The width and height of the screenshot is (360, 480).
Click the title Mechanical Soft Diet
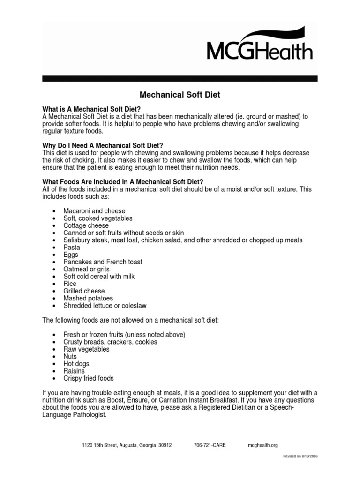point(181,95)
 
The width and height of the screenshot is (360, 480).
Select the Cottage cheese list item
point(86,225)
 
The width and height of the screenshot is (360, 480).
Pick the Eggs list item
point(71,255)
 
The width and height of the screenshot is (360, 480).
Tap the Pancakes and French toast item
point(103,262)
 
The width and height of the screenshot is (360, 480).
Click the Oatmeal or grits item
point(86,269)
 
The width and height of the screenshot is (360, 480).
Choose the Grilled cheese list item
point(84,291)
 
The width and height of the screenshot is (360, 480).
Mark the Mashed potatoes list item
point(88,298)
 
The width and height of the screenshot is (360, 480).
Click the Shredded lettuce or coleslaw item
point(105,306)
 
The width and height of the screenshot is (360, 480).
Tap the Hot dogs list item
point(76,364)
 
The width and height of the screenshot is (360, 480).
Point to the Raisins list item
point(74,371)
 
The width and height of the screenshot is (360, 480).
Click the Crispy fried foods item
point(89,378)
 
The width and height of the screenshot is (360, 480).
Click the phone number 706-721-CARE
point(210,445)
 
